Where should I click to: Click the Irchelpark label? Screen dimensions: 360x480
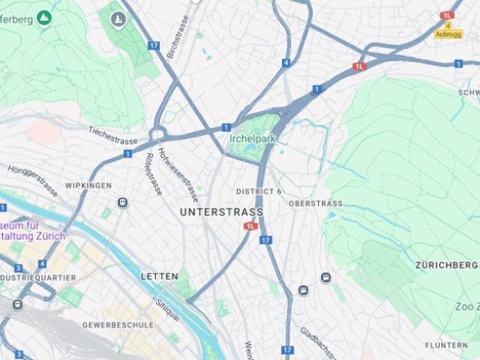pyautogui.click(x=253, y=139)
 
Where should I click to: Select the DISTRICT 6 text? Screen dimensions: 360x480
pyautogui.click(x=259, y=191)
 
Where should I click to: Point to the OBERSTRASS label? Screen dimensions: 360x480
pyautogui.click(x=315, y=203)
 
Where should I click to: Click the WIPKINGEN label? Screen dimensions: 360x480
pyautogui.click(x=88, y=185)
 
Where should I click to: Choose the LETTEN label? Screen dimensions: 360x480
pyautogui.click(x=159, y=277)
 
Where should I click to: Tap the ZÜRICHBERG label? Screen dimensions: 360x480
pyautogui.click(x=447, y=265)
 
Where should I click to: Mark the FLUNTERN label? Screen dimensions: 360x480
pyautogui.click(x=446, y=346)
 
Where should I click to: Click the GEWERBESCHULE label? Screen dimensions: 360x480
pyautogui.click(x=118, y=325)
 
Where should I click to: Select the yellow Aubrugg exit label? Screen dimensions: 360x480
pyautogui.click(x=448, y=34)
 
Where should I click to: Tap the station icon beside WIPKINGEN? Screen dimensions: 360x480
pyautogui.click(x=122, y=202)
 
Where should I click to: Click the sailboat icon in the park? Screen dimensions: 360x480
pyautogui.click(x=118, y=19)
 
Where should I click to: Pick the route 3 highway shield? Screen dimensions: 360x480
pyautogui.click(x=18, y=268)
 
